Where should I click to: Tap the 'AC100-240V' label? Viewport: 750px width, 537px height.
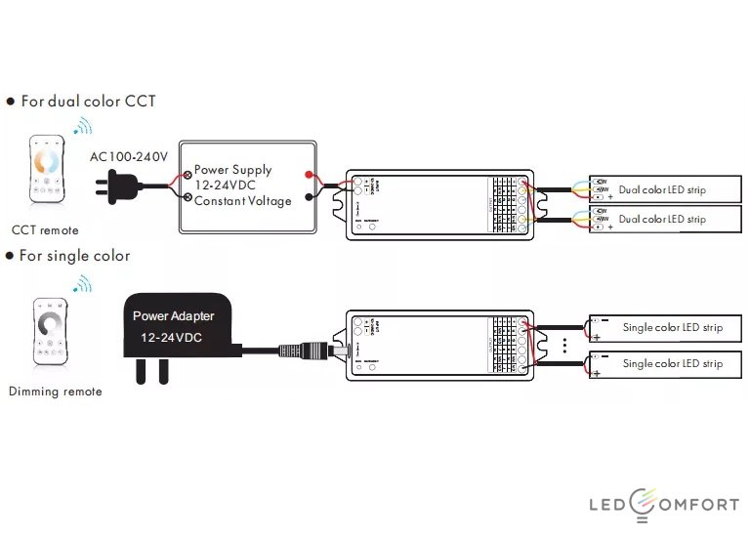click(x=129, y=156)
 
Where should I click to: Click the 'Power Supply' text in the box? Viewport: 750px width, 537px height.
click(x=232, y=170)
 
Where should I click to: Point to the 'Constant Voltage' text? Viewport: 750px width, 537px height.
click(x=242, y=201)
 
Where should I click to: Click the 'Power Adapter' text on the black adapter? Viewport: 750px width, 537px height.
click(x=174, y=316)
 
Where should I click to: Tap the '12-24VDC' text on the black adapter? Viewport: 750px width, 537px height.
click(x=171, y=337)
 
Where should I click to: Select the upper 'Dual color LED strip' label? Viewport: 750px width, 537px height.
click(x=662, y=189)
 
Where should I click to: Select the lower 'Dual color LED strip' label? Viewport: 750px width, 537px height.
click(x=662, y=220)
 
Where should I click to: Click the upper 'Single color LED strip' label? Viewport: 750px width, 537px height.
click(x=673, y=328)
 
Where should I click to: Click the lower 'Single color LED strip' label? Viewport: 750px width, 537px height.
click(x=673, y=363)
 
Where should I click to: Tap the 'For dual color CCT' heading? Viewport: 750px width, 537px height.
click(x=87, y=101)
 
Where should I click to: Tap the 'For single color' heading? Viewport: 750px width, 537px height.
click(x=74, y=256)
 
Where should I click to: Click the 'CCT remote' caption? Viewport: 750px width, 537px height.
click(x=45, y=230)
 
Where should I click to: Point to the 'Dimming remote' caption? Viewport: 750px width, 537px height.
click(x=55, y=392)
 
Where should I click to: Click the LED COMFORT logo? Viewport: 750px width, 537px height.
click(x=663, y=504)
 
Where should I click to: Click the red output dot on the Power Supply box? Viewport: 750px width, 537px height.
click(x=310, y=176)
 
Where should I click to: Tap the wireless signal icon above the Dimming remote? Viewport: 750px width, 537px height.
click(x=83, y=284)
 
